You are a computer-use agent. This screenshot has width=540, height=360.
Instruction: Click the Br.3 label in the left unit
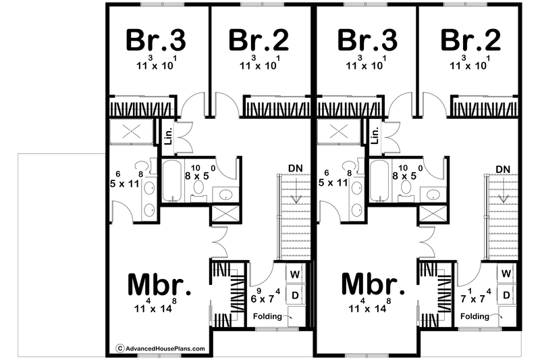pyautogui.click(x=156, y=41)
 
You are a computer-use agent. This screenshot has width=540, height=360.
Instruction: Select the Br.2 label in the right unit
pyautogui.click(x=470, y=41)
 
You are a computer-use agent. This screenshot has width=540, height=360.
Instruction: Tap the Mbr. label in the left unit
pyautogui.click(x=159, y=284)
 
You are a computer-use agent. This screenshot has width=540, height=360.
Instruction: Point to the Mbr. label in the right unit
pyautogui.click(x=373, y=284)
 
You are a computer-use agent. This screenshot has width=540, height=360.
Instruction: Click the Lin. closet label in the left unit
pyautogui.click(x=168, y=134)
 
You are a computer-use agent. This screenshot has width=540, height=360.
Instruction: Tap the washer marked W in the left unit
pyautogui.click(x=295, y=274)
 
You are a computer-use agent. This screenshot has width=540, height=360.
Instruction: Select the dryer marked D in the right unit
pyautogui.click(x=506, y=295)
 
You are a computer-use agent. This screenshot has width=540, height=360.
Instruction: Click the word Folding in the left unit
pyautogui.click(x=267, y=316)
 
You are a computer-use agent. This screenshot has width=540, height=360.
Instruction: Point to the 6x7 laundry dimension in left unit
pyautogui.click(x=265, y=296)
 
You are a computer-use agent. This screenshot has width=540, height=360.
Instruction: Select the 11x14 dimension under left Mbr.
pyautogui.click(x=156, y=305)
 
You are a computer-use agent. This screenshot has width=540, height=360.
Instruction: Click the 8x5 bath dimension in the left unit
pyautogui.click(x=200, y=173)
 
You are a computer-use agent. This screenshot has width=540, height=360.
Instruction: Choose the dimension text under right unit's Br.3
pyautogui.click(x=367, y=63)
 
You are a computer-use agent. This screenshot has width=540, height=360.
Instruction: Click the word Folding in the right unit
pyautogui.click(x=475, y=316)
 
